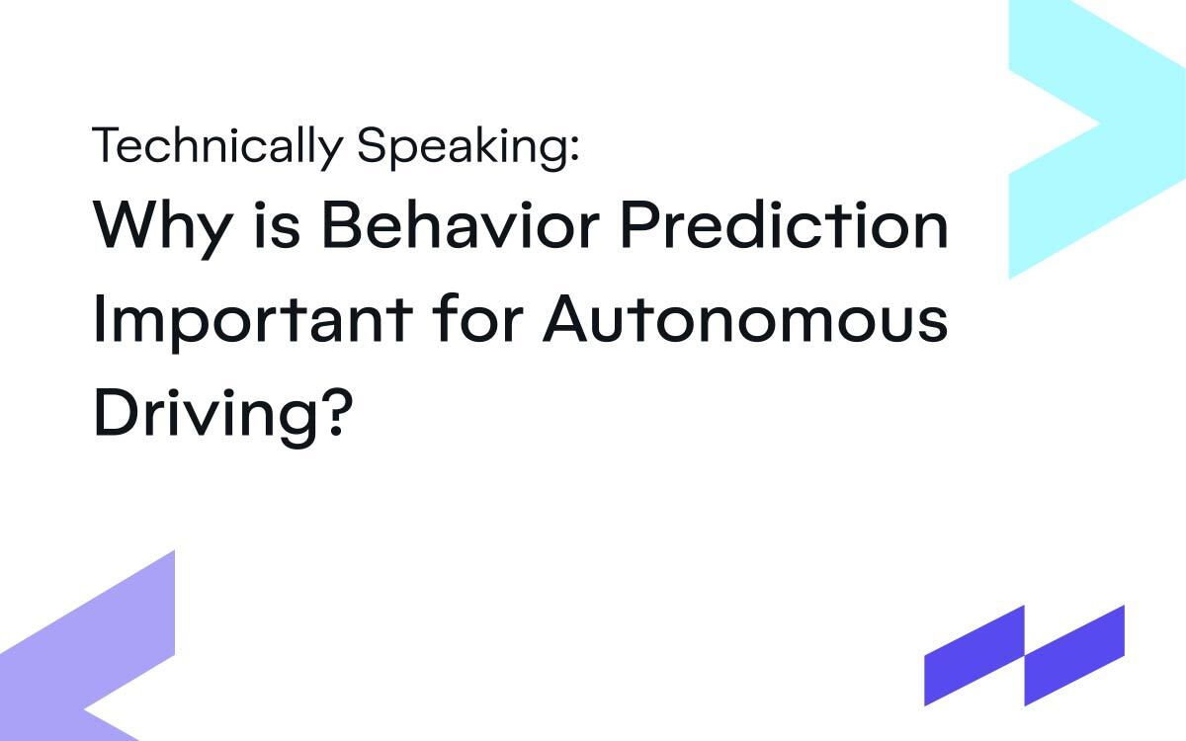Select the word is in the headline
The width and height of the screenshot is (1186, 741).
pos(283,226)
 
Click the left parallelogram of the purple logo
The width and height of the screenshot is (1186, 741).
pos(974,656)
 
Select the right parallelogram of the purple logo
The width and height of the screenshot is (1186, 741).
pos(1074,656)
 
